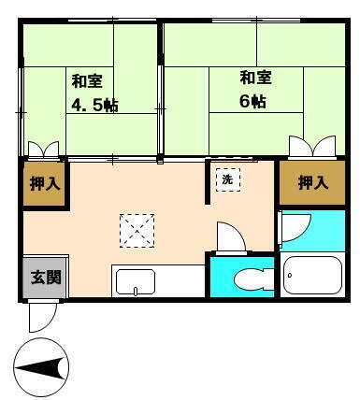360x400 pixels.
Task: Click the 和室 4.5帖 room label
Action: tap(94, 93)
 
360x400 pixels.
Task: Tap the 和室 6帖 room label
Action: tap(255, 90)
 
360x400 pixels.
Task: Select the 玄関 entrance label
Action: tap(46, 277)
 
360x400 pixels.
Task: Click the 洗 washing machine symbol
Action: tap(228, 179)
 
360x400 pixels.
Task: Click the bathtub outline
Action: tap(313, 275)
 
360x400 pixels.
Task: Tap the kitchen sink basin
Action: tap(136, 282)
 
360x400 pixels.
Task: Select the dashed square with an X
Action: tap(137, 231)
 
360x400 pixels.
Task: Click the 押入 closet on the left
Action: tap(45, 183)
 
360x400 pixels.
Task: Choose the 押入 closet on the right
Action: tap(312, 182)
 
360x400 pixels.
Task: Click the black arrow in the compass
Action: tap(41, 368)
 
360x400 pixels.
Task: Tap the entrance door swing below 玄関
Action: tap(42, 316)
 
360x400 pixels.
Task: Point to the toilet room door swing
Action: tap(232, 236)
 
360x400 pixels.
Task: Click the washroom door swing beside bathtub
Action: tap(295, 227)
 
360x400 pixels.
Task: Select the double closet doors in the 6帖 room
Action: tap(312, 146)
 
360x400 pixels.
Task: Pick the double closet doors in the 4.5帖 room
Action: tap(43, 149)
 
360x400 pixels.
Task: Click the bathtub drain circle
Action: tap(290, 275)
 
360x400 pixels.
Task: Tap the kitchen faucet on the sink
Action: tap(136, 291)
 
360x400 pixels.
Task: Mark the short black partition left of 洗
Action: tap(208, 182)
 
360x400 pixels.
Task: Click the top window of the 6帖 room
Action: tap(256, 21)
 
